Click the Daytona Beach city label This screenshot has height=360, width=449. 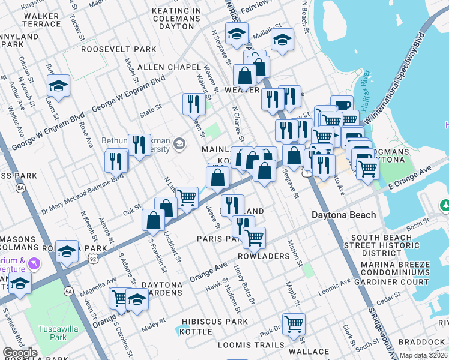pyautogui.click(x=343, y=215)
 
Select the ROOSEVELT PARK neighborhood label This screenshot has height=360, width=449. pyautogui.click(x=118, y=49)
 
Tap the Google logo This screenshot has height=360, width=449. pyautogui.click(x=20, y=353)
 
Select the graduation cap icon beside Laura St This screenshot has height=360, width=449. pyautogui.click(x=59, y=86)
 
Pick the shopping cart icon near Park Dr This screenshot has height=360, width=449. pyautogui.click(x=294, y=324)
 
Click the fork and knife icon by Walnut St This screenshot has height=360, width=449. pyautogui.click(x=194, y=103)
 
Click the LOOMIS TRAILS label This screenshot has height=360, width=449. pyautogui.click(x=250, y=345)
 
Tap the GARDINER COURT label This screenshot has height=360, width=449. pyautogui.click(x=391, y=281)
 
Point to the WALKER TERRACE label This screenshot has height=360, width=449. pyautogui.click(x=50, y=18)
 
